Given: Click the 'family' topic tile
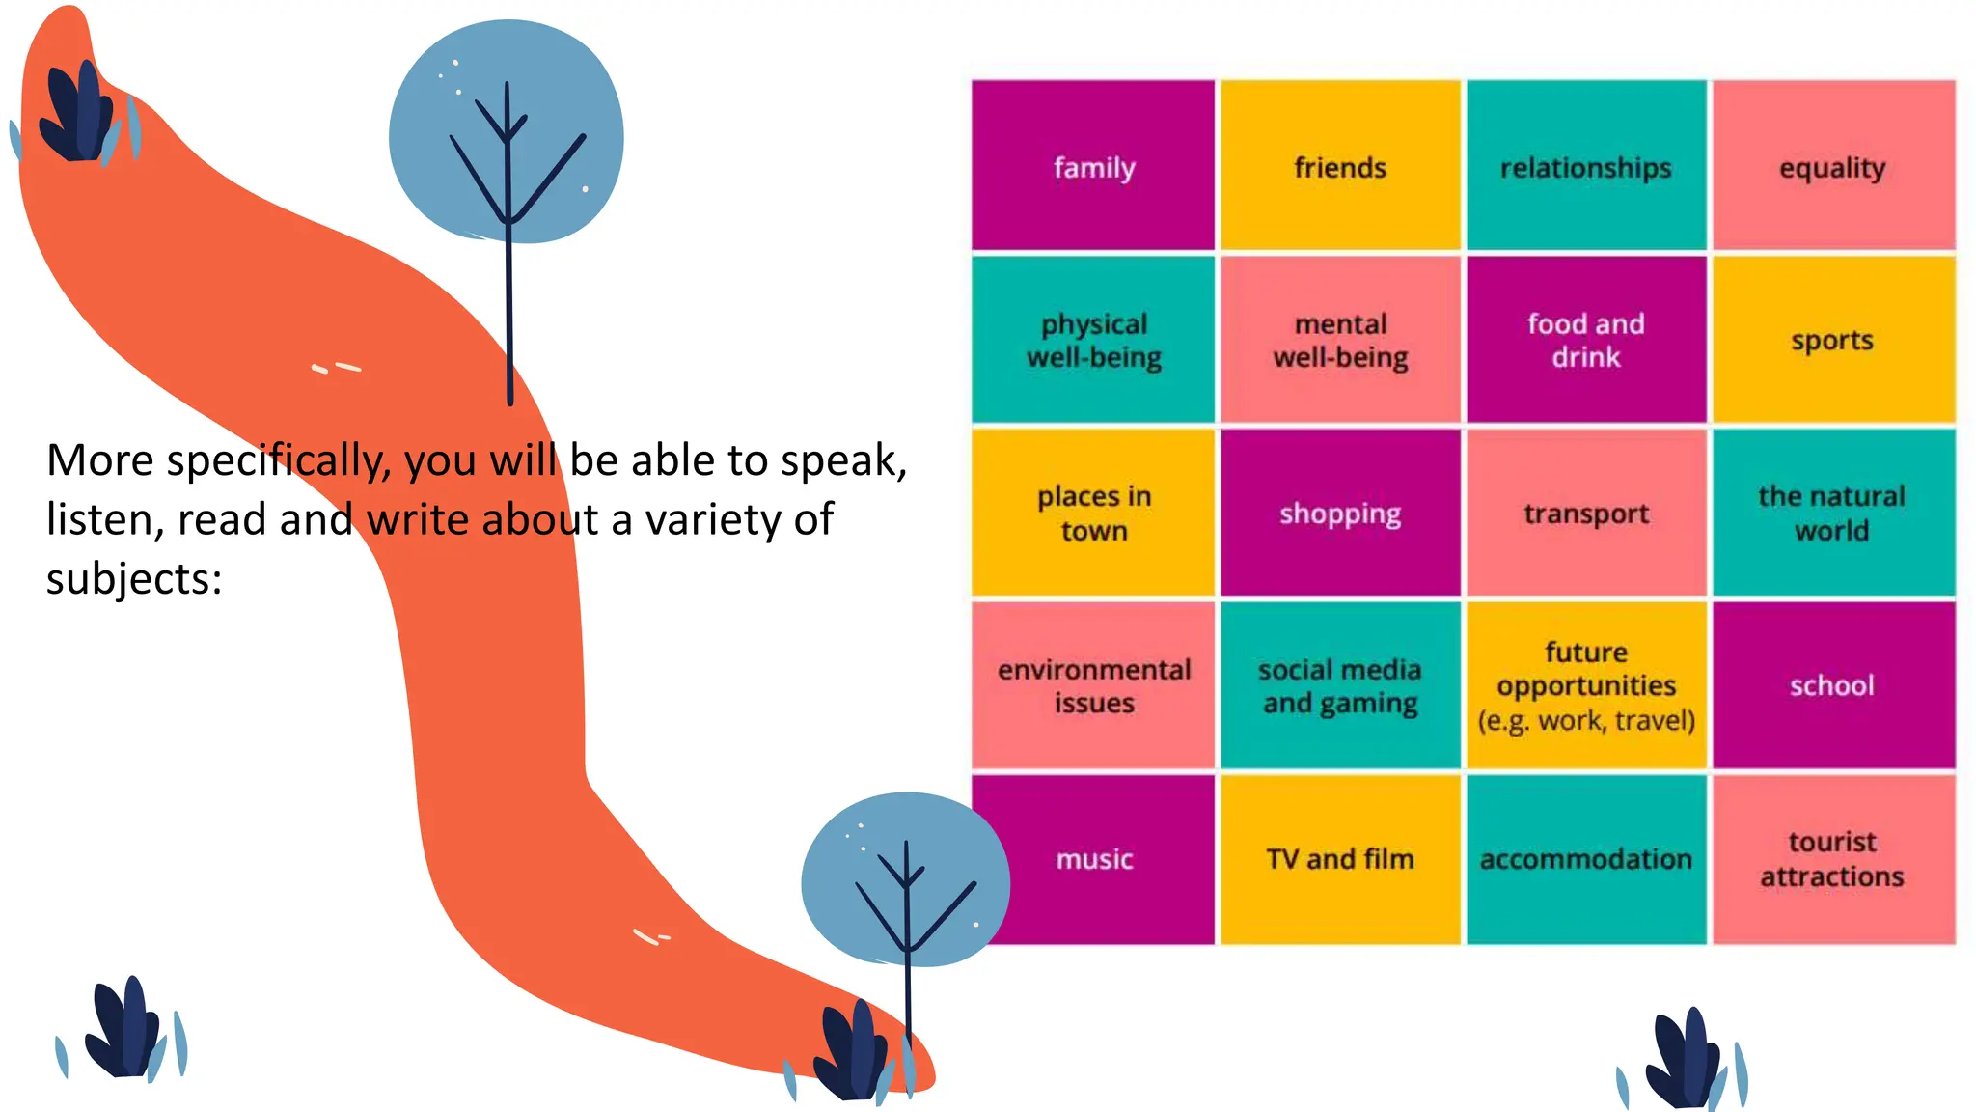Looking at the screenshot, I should pos(1093,166).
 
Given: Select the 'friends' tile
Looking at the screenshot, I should pos(1340,166).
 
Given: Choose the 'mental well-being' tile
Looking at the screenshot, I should pos(1340,340).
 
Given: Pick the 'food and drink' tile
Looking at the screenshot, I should pos(1586,340).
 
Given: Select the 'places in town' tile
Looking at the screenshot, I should pos(1093,513).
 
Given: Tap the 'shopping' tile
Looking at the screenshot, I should pos(1340,513).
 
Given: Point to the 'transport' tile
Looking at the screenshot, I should pos(1586,513).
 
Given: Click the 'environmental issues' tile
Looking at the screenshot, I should pos(1093,685).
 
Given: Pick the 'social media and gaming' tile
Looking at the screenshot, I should pos(1340,685).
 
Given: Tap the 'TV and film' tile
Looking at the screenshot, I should pos(1340,859).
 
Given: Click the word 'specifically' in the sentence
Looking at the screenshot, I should pos(279,461).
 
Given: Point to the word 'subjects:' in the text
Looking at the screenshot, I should pos(134,579).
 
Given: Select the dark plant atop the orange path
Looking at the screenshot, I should pos(79,114).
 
